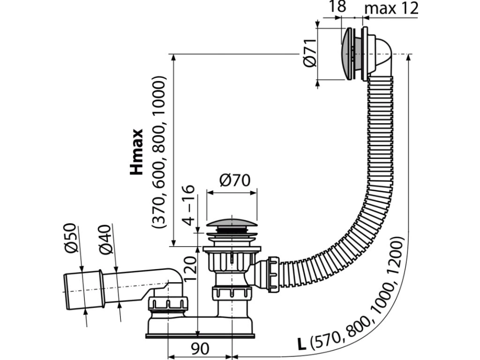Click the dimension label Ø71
310,54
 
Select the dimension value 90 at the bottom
200,349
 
